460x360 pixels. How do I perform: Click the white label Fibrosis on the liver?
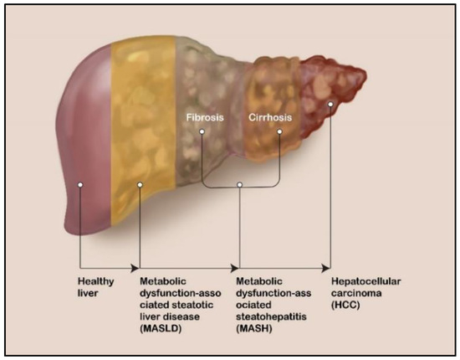[205, 118]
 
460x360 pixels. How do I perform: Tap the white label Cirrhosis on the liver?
[270, 118]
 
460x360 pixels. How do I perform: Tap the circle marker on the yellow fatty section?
[139, 183]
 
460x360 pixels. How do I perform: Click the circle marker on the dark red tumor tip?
[332, 105]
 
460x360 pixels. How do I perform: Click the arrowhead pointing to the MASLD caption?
[135, 267]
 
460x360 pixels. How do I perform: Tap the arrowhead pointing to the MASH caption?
[235, 267]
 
